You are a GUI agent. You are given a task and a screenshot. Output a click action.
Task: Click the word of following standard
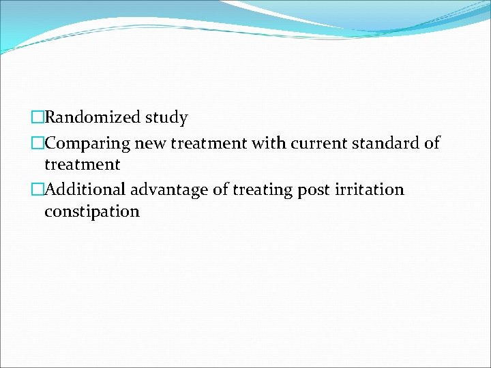[431, 144]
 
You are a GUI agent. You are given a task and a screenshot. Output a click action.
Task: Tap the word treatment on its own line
[82, 165]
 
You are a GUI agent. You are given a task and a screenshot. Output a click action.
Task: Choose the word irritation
[368, 189]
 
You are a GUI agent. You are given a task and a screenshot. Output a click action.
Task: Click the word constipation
[91, 212]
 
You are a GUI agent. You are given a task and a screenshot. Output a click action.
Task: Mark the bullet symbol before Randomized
[38, 118]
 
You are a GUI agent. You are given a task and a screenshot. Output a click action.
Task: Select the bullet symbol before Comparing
[38, 144]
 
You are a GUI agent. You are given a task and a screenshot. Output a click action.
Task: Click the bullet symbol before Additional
[38, 189]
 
